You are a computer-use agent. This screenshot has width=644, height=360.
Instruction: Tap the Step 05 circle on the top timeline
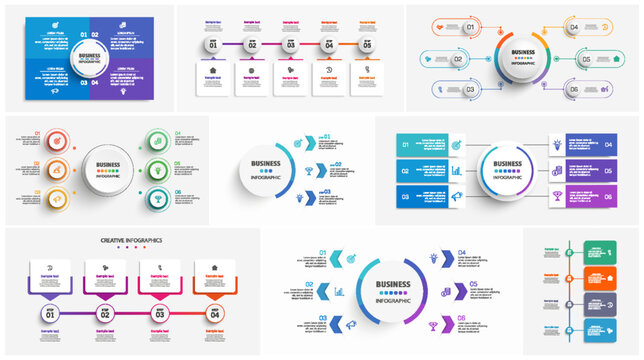366,45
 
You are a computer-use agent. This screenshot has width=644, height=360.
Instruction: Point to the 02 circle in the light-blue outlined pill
458,59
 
